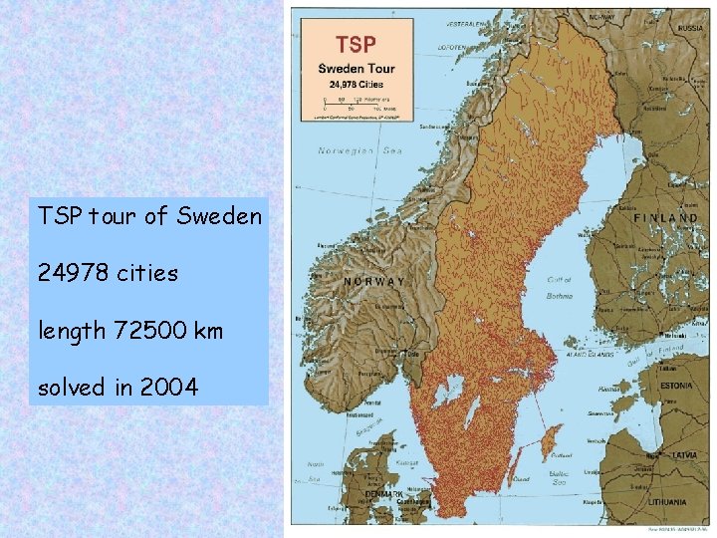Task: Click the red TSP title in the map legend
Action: [357, 45]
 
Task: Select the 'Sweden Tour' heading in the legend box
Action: [357, 69]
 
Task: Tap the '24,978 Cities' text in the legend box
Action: [357, 83]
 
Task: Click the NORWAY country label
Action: [373, 281]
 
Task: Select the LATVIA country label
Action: [682, 454]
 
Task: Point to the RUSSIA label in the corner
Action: [690, 29]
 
